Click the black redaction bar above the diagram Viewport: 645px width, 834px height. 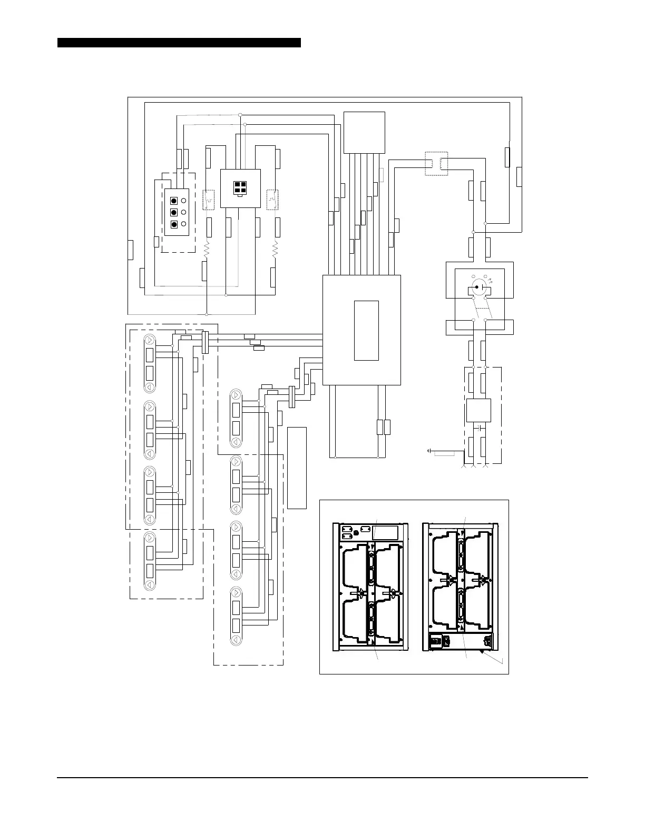click(x=179, y=43)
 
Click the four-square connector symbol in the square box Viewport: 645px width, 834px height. click(x=240, y=187)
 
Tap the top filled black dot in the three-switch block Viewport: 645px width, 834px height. click(x=174, y=201)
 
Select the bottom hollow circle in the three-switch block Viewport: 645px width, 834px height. click(x=183, y=224)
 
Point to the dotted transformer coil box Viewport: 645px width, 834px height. click(x=436, y=163)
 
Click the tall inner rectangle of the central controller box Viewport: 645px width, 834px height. click(x=366, y=330)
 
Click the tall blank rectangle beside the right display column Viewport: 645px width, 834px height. click(x=297, y=468)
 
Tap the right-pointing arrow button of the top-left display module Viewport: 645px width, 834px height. click(x=150, y=340)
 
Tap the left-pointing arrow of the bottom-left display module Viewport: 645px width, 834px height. click(x=150, y=584)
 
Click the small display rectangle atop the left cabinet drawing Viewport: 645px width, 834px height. click(x=386, y=532)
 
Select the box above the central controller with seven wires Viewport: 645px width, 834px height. click(x=364, y=133)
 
